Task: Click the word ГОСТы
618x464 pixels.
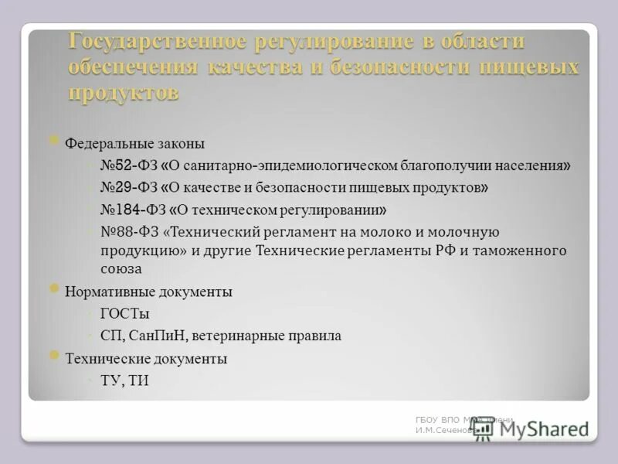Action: (x=124, y=314)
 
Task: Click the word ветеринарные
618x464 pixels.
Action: (x=239, y=336)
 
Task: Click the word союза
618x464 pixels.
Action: (x=121, y=269)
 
